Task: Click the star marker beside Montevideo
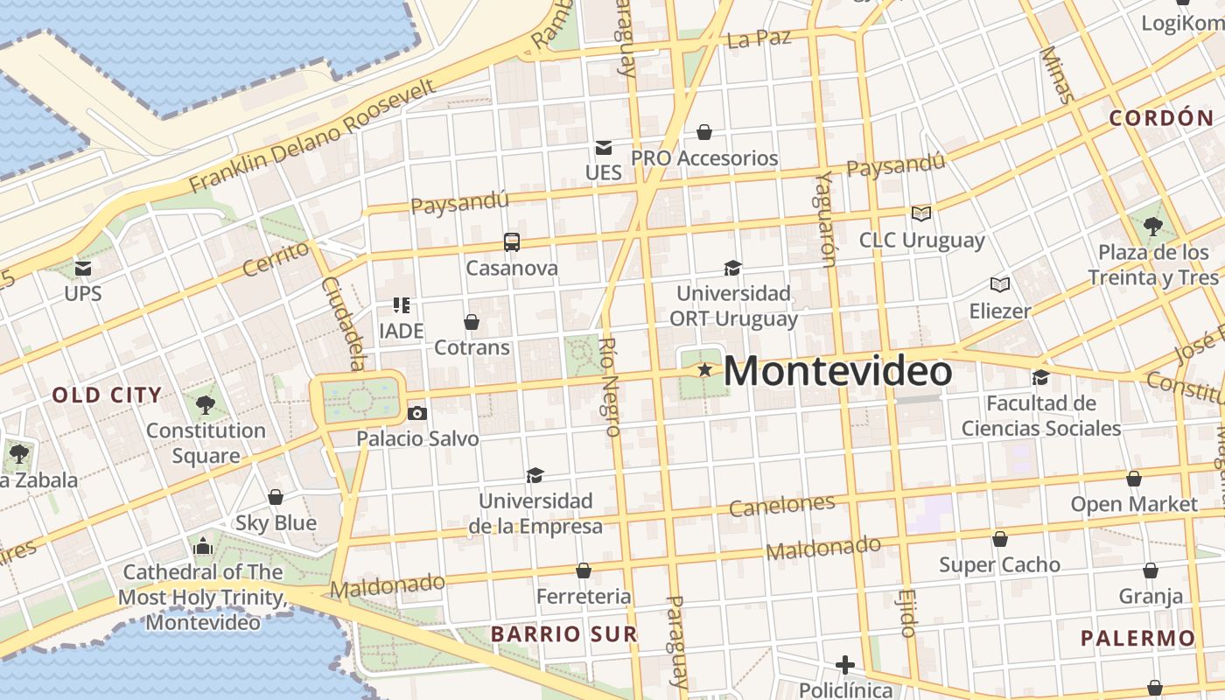704,370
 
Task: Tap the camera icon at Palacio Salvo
417,413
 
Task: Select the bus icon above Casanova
512,242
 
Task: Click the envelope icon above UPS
83,268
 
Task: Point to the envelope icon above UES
603,147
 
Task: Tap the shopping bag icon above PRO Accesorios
704,132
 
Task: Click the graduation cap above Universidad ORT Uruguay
732,268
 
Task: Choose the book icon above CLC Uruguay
921,213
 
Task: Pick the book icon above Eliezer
1000,284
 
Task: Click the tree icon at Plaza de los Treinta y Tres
1153,227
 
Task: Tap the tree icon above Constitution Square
206,404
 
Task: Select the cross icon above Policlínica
844,665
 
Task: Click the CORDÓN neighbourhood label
1162,118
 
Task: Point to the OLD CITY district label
107,395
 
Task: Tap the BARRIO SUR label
563,633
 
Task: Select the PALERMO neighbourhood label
1137,638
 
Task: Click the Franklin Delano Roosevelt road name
312,136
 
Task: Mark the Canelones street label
781,505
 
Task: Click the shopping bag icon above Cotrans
472,322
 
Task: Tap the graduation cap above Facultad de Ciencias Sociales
1040,377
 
